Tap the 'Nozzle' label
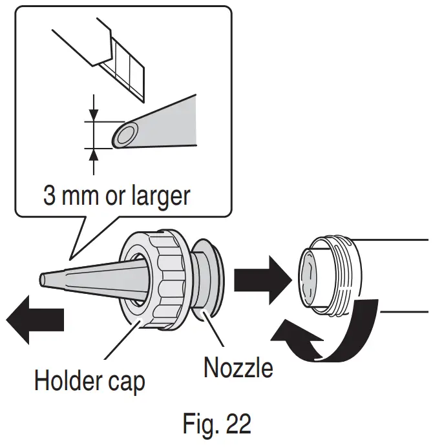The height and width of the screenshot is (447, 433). click(x=238, y=368)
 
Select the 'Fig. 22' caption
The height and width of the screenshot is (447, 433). click(x=215, y=425)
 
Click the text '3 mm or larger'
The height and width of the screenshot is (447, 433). click(x=117, y=195)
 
